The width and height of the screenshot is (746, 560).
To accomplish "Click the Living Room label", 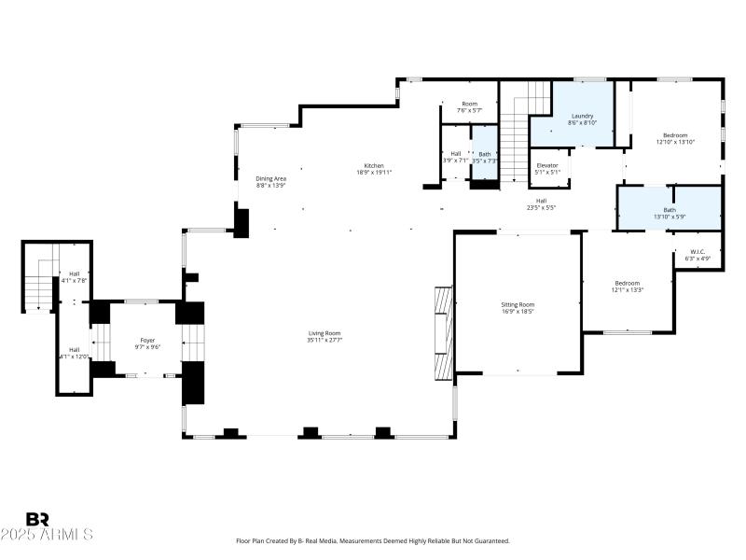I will click(x=325, y=333).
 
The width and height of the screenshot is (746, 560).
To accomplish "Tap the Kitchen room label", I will click(x=374, y=165).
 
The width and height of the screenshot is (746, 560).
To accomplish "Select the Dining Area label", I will click(x=270, y=178).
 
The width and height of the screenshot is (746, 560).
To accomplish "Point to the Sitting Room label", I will click(x=518, y=305).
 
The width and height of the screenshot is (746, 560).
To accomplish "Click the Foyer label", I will click(x=147, y=340).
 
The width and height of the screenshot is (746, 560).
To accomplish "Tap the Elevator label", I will click(x=547, y=165).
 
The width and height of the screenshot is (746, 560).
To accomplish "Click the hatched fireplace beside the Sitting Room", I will click(x=443, y=332).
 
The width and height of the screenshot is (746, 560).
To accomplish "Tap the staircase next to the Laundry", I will click(x=514, y=131).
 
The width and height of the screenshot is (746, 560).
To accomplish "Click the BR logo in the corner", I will click(x=37, y=519).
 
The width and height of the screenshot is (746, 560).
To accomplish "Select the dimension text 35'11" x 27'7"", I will click(x=325, y=340).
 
